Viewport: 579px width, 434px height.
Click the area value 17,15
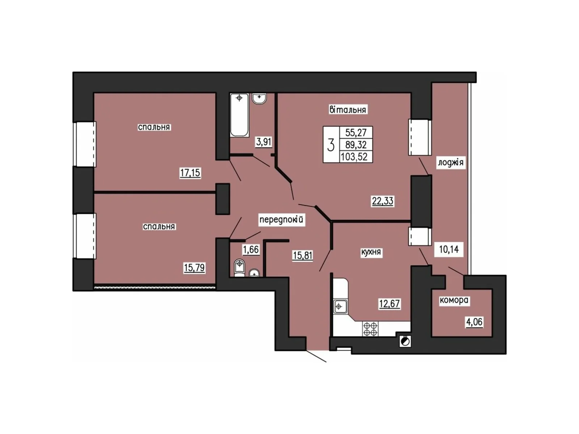click(x=190, y=173)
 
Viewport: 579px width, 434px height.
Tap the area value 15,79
click(x=194, y=268)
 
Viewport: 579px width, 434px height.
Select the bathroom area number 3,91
click(x=263, y=142)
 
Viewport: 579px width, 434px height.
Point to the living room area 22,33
click(x=383, y=201)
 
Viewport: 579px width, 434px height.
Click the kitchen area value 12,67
click(x=389, y=303)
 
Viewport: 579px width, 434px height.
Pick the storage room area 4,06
click(x=474, y=322)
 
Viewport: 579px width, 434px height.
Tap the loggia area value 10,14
click(x=449, y=249)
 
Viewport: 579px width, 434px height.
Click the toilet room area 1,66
click(x=251, y=249)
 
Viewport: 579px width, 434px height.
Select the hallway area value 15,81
click(x=303, y=255)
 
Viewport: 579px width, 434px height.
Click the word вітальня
click(x=348, y=110)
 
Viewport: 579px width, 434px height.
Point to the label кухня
click(x=371, y=252)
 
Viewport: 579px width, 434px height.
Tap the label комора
click(x=454, y=300)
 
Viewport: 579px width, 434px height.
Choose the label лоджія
click(x=451, y=162)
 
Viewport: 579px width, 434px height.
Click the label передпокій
click(x=282, y=220)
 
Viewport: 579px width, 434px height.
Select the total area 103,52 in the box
click(x=354, y=157)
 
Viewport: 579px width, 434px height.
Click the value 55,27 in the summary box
click(x=356, y=132)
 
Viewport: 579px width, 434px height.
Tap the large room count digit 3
click(x=330, y=145)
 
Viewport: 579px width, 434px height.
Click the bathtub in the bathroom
click(x=239, y=115)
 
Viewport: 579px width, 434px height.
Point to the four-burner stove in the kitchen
click(x=370, y=329)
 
